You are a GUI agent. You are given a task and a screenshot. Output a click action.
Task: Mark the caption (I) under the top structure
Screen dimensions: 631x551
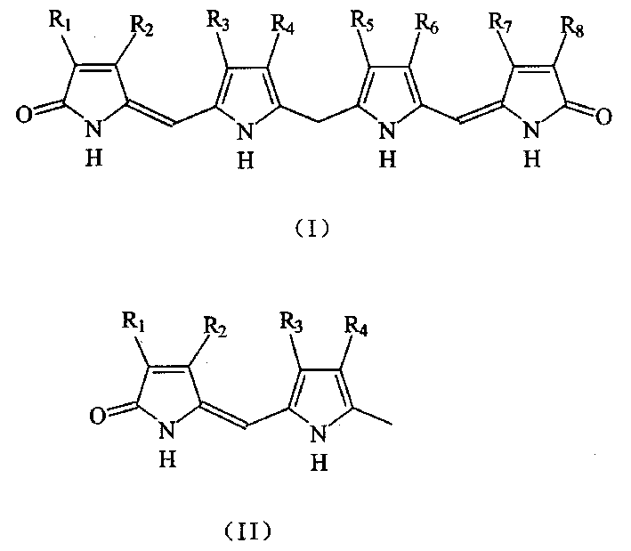pyautogui.click(x=312, y=229)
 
